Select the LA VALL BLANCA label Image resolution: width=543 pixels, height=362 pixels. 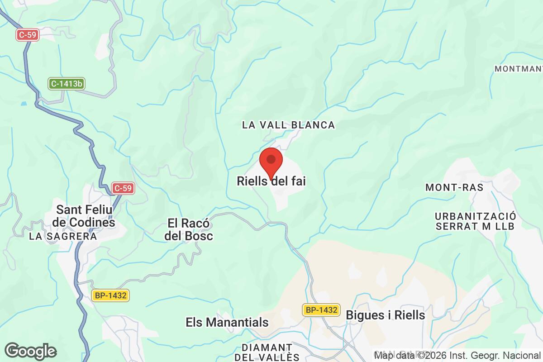tap(288, 125)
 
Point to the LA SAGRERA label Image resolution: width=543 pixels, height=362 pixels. tap(63, 236)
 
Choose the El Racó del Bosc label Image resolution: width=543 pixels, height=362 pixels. tap(190, 229)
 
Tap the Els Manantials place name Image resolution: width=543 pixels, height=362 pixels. tap(227, 323)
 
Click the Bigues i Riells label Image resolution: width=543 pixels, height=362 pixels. tap(386, 315)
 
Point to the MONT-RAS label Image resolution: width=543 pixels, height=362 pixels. tap(454, 187)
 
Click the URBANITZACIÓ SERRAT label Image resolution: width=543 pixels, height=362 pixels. tap(475, 221)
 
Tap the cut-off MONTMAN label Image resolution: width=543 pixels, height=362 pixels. tap(518, 69)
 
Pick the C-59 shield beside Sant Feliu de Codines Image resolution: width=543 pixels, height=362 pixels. tap(124, 188)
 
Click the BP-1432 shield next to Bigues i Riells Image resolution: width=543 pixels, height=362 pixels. tap(321, 310)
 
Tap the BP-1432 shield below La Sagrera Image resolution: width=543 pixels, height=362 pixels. tap(111, 295)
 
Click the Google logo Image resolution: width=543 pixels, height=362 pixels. tap(30, 351)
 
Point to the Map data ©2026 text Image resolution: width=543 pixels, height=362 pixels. tap(406, 355)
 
